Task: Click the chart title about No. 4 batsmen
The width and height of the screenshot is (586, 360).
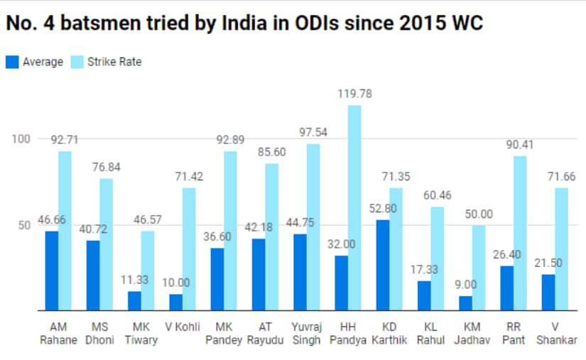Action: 245,23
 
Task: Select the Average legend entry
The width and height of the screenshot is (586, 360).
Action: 36,62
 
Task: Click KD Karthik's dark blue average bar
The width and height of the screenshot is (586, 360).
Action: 382,266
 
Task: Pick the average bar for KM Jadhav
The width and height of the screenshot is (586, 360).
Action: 465,303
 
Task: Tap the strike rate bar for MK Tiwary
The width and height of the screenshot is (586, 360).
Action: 148,271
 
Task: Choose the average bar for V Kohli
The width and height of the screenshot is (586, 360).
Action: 175,302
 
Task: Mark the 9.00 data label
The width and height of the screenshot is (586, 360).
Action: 465,284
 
